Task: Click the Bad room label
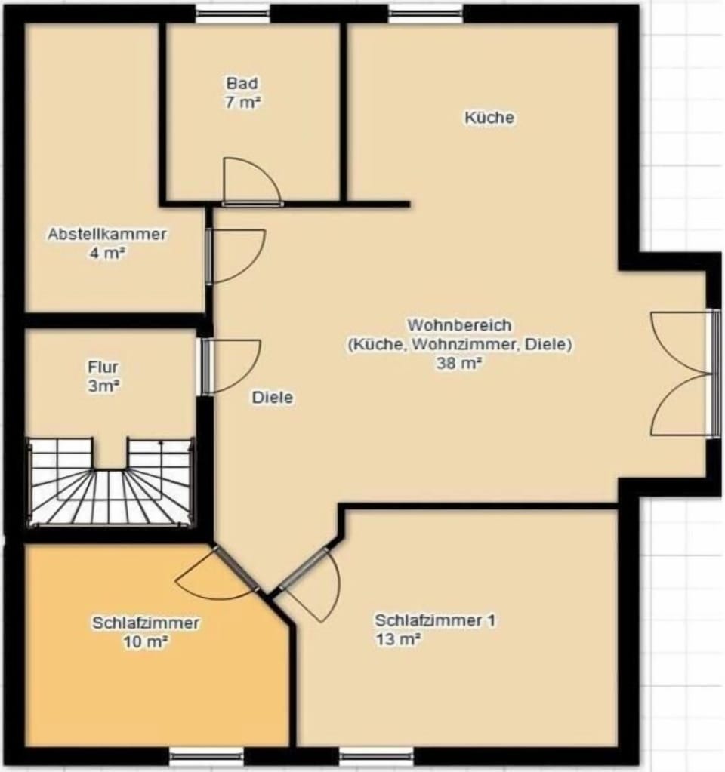[x=242, y=83]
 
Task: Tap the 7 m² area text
[x=242, y=103]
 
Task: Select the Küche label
[x=489, y=118]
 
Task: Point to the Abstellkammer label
[x=107, y=234]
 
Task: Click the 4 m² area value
[x=106, y=253]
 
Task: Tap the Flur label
[x=103, y=367]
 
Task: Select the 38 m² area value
[x=459, y=363]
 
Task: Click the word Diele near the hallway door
[x=273, y=398]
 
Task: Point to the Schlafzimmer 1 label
[x=435, y=620]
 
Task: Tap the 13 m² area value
[x=398, y=639]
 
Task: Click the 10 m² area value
[x=146, y=641]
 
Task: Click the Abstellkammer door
[x=236, y=257]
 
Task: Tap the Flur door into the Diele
[x=231, y=367]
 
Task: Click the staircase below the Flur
[x=110, y=482]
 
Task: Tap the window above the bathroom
[x=233, y=14]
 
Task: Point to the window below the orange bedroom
[x=207, y=755]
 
